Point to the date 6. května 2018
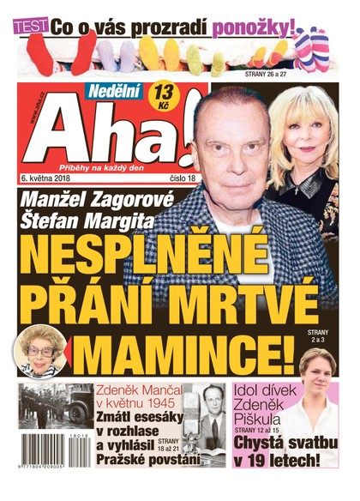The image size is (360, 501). pos(49,178)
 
